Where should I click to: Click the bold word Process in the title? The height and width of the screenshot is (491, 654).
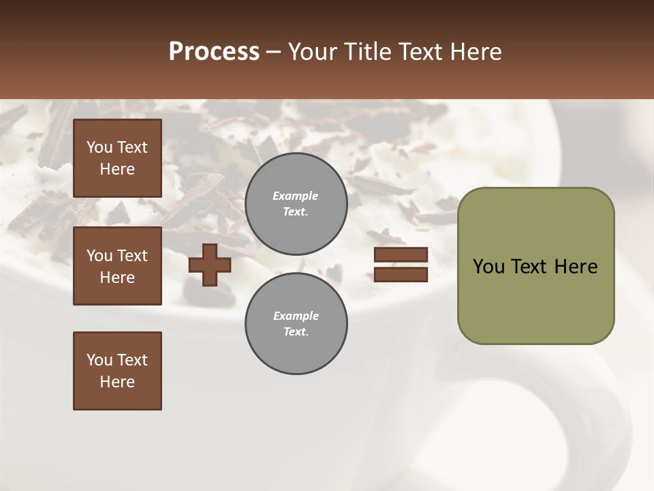coord(214,51)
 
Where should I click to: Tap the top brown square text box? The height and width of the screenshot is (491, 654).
coord(117,158)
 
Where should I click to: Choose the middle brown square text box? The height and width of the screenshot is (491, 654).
coord(117,266)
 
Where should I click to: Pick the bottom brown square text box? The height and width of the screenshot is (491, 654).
coord(117,371)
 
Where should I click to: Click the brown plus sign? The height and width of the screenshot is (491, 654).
coord(210,265)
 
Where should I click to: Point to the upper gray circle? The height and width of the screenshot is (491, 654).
coord(296,203)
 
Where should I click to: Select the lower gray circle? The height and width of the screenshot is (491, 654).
coord(296,323)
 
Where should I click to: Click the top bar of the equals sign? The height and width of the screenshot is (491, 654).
coord(401,255)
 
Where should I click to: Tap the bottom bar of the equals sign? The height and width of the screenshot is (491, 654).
coord(401,274)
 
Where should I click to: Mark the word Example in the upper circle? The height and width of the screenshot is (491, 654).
coord(296,196)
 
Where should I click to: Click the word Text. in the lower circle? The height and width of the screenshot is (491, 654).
coord(296,332)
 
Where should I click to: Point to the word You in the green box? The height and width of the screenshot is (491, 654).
coord(488,267)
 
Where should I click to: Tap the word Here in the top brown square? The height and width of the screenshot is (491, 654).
coord(117,169)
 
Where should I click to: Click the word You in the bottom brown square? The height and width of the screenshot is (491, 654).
coord(99,360)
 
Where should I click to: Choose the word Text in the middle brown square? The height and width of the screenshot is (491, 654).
coord(131,256)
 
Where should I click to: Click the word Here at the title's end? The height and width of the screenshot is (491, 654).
coord(476,51)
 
